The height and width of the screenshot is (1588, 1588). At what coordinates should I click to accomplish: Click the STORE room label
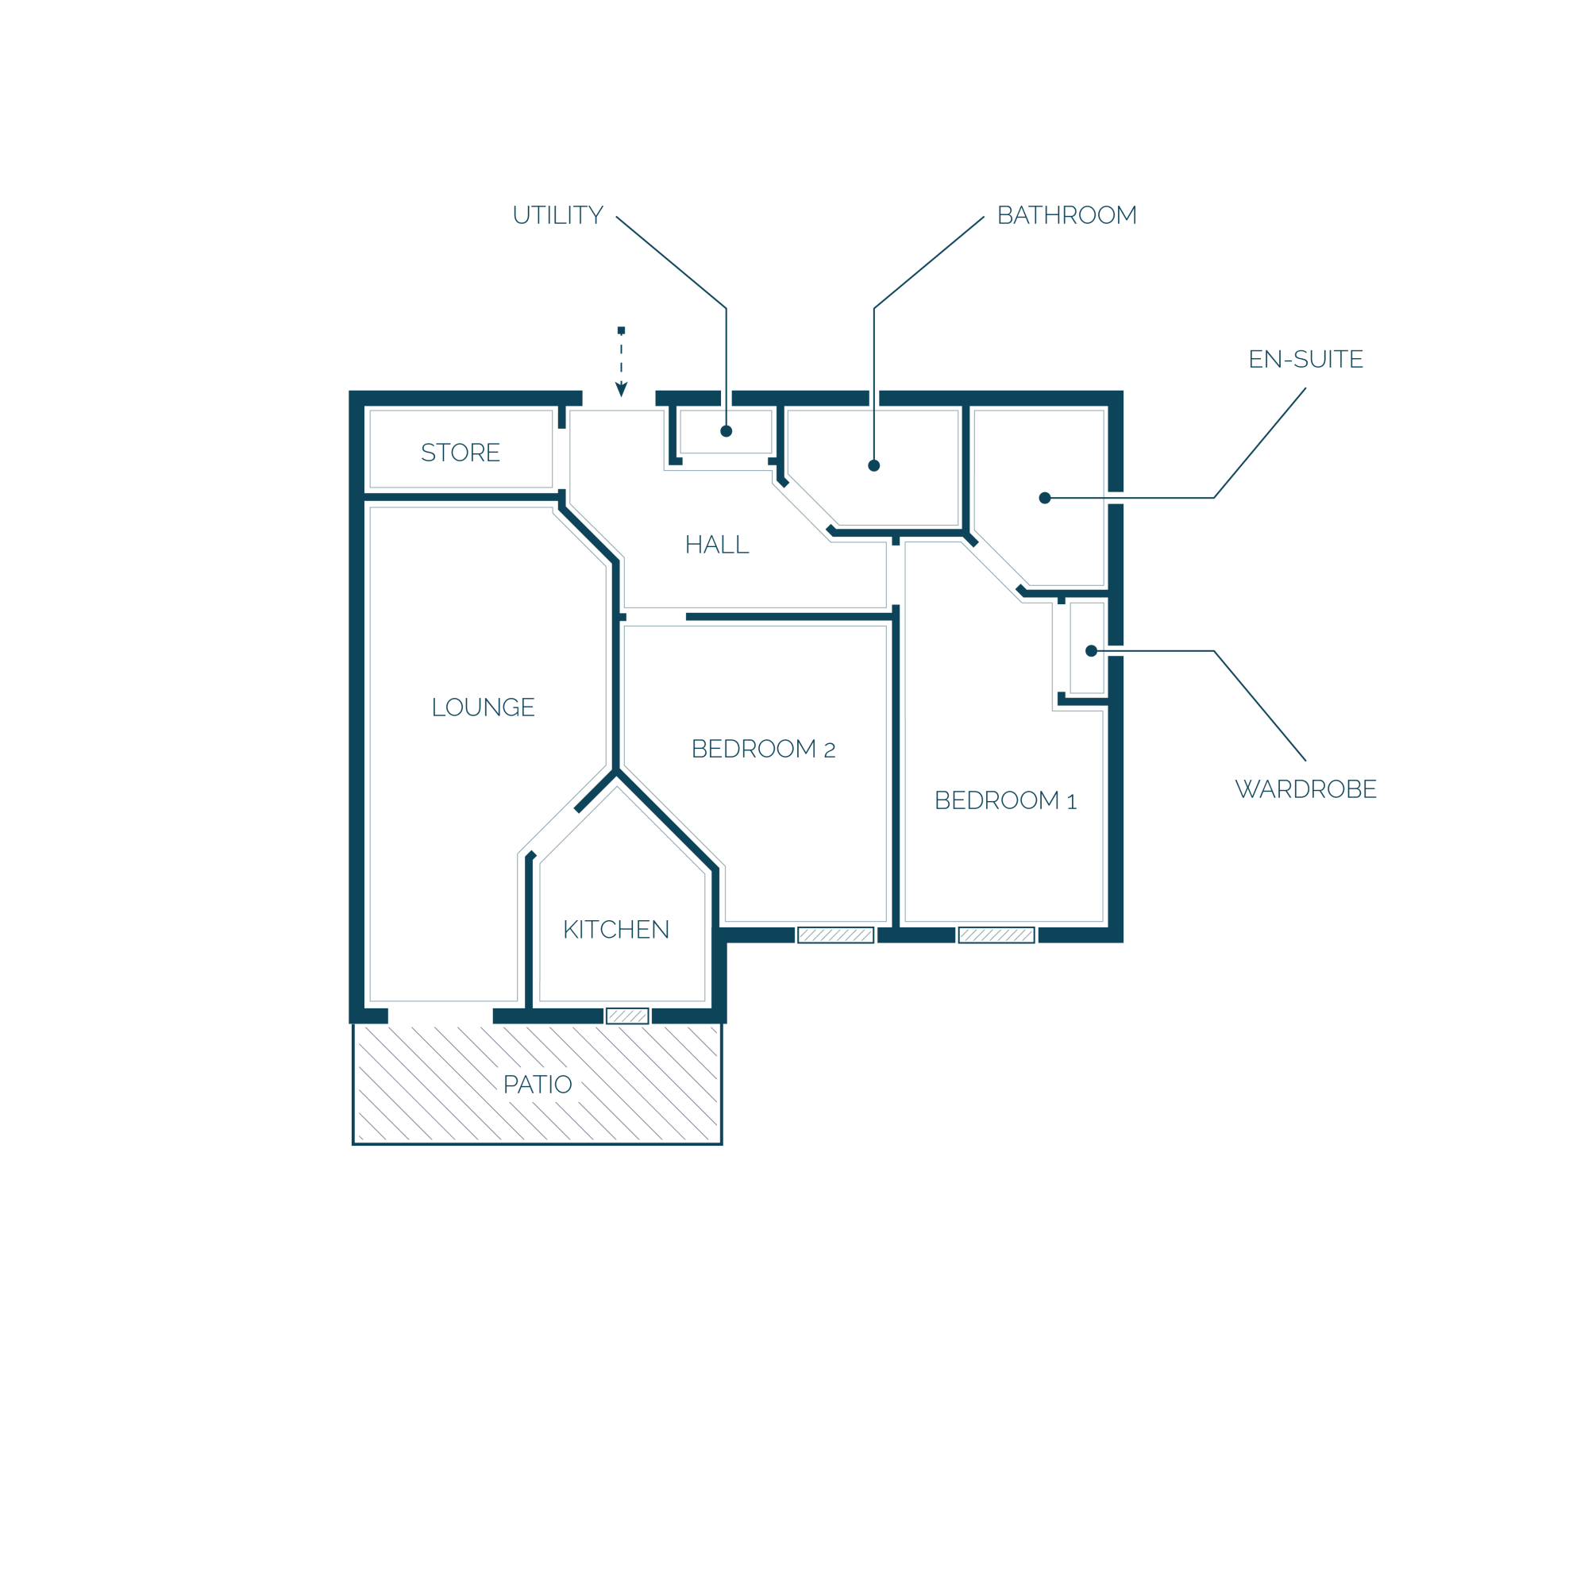(461, 453)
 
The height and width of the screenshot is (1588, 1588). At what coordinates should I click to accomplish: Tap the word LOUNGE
(484, 707)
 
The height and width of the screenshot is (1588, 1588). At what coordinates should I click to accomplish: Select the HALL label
(717, 545)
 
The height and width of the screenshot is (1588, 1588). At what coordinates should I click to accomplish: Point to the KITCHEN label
(616, 930)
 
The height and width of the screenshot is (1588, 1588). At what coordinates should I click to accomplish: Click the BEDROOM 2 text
(764, 749)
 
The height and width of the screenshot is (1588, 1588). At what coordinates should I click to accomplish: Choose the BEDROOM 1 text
(1006, 800)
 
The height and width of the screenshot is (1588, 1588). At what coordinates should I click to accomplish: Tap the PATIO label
(538, 1085)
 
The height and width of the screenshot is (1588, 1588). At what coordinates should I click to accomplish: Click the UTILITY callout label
(558, 215)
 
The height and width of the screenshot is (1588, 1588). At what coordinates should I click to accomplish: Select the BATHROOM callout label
(1067, 215)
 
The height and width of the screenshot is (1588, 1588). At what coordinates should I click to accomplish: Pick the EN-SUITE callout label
(1306, 359)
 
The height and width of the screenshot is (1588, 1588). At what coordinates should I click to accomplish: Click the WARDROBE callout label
(1306, 789)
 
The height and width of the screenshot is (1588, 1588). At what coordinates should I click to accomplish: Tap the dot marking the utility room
(727, 431)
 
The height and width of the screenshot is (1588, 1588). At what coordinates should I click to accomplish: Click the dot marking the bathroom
(874, 466)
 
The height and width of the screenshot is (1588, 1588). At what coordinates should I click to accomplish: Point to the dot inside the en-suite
(1046, 498)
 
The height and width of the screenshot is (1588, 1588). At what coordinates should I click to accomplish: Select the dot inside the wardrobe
(1092, 651)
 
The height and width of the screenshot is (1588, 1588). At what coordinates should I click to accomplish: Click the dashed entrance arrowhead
(622, 390)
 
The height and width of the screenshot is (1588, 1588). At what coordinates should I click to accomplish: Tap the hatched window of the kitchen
(628, 1017)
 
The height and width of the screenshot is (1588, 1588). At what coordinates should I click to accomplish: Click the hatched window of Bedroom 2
(836, 935)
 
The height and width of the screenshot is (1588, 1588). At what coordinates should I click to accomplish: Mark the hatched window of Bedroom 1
(997, 935)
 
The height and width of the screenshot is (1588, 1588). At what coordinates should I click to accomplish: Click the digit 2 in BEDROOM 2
(831, 750)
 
